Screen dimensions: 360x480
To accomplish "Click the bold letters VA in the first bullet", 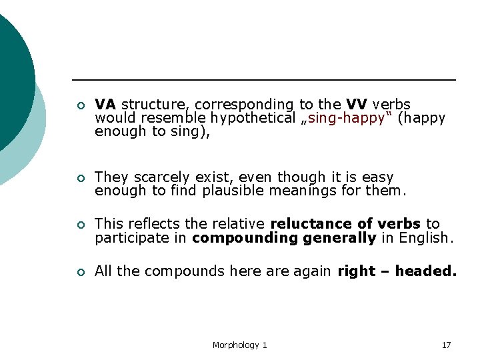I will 105,105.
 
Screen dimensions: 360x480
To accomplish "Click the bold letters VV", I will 357,105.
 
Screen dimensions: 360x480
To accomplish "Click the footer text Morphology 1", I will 239,345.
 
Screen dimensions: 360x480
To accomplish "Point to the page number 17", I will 446,345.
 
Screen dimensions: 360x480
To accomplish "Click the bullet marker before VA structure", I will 79,105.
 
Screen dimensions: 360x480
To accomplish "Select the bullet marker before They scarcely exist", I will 79,178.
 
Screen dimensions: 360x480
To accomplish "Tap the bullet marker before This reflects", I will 79,225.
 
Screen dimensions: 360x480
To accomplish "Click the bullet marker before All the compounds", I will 79,272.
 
